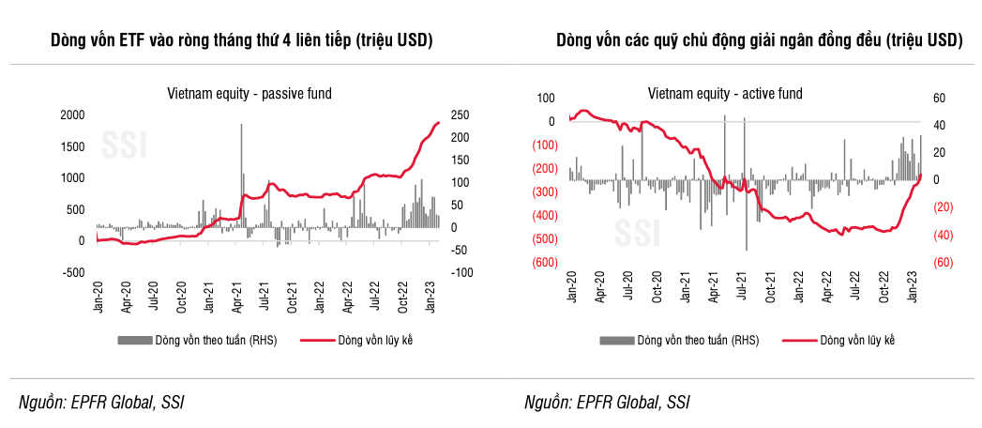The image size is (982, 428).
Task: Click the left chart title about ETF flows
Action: pyautogui.click(x=234, y=41)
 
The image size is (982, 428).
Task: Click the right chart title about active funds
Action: pyautogui.click(x=759, y=41)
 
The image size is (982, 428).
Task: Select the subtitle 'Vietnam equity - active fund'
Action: pyautogui.click(x=724, y=93)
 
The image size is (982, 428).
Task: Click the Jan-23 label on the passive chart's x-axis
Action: pyautogui.click(x=431, y=298)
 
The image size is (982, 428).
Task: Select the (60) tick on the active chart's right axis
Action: pyautogui.click(x=943, y=262)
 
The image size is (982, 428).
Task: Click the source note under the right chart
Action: pyautogui.click(x=607, y=403)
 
